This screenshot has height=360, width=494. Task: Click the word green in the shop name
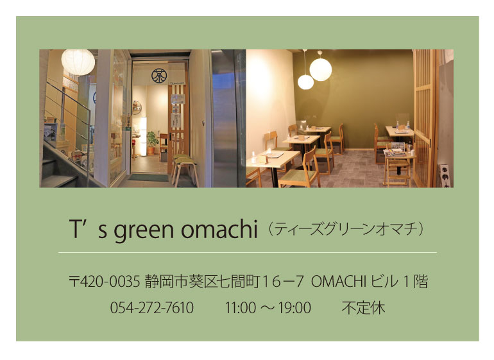coord(143,230)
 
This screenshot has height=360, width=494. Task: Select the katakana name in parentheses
coord(346,229)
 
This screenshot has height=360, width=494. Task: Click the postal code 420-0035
coord(110,281)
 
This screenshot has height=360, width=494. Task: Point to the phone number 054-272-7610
coord(152,307)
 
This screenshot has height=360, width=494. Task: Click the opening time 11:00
coord(240,307)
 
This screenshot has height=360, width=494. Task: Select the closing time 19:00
coord(295,307)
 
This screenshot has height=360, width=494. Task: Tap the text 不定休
coord(363,308)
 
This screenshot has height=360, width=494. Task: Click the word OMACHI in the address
coord(338,281)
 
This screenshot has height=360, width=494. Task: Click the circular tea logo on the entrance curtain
coord(159,76)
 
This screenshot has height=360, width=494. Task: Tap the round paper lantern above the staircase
coord(78,62)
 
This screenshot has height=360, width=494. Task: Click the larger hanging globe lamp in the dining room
coord(321,70)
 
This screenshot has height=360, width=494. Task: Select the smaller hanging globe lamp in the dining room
coord(305,82)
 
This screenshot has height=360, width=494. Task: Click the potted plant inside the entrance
coord(153,143)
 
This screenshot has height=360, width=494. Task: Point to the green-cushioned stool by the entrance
coord(186,171)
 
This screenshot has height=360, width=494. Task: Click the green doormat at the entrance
coord(148,178)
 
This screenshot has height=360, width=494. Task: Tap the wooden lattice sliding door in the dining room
coord(425,118)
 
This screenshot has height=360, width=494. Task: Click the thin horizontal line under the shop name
coord(248,252)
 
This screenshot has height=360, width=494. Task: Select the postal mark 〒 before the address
coord(74,281)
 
